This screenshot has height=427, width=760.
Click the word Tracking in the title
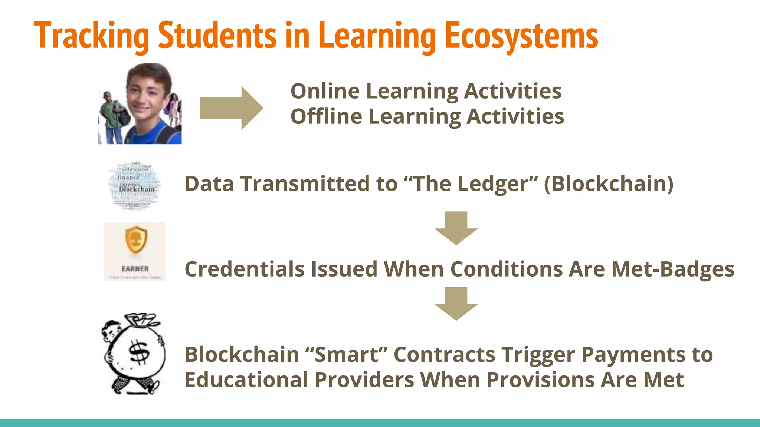coord(91,36)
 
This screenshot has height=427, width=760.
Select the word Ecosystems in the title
coord(521,36)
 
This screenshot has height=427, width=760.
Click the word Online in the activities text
coord(325,91)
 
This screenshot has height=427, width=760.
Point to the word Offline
coord(326,116)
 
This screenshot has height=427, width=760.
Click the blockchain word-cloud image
coord(135,185)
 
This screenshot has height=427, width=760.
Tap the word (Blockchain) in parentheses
coord(609,184)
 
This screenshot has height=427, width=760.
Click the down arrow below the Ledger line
coord(456,228)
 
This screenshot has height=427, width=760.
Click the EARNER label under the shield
coord(135,269)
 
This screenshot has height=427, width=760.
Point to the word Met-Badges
coord(673,269)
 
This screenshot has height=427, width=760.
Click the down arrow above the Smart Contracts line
coord(456,303)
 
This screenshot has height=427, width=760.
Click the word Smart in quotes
coord(346,355)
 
